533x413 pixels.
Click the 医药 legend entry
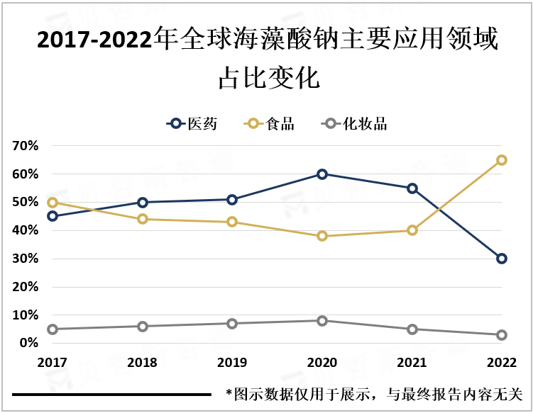[x=192, y=124]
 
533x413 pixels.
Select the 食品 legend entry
[x=270, y=124]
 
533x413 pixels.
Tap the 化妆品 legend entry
[x=354, y=124]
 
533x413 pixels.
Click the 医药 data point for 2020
[x=322, y=174]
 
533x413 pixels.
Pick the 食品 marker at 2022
[x=502, y=160]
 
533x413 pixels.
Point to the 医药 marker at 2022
[x=502, y=259]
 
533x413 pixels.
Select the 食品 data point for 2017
[x=53, y=203]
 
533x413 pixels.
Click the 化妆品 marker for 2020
[x=322, y=321]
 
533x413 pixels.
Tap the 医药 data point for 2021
[x=412, y=188]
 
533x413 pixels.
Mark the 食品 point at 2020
[x=322, y=236]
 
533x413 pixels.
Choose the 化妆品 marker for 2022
[x=502, y=335]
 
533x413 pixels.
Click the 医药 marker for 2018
[x=143, y=203]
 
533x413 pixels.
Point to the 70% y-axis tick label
[x=25, y=146]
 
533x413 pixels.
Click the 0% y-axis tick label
[x=28, y=343]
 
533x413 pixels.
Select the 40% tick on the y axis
[x=25, y=230]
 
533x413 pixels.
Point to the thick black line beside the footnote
[x=111, y=394]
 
